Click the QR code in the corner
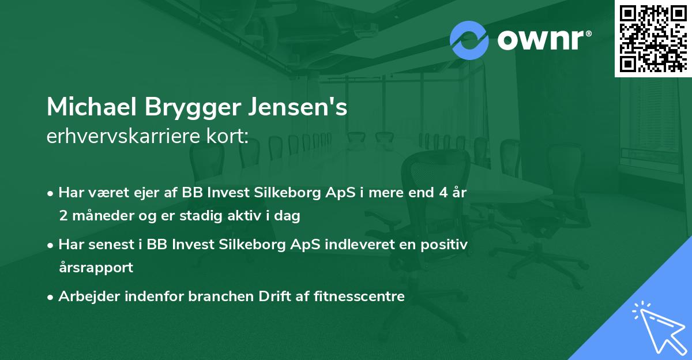click(653, 38)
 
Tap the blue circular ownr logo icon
click(469, 40)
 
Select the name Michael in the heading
click(91, 107)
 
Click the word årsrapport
click(96, 268)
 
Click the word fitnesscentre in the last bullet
click(363, 297)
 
